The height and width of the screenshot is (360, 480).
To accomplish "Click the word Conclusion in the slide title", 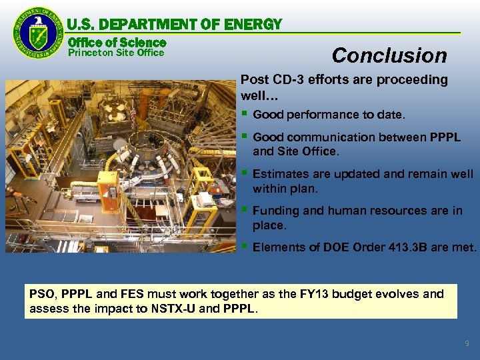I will tap(389, 55).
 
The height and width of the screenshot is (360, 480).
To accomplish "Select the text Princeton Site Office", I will tap(116, 53).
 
